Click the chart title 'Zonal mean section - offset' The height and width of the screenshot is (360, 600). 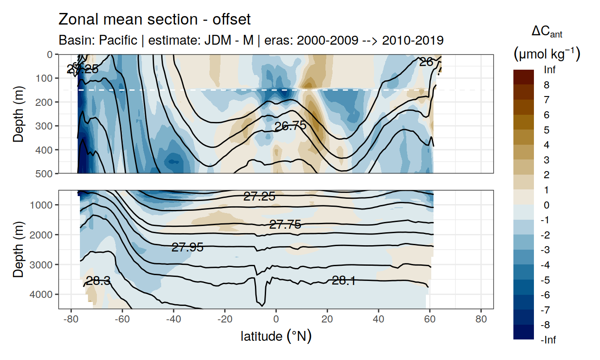[x=154, y=20]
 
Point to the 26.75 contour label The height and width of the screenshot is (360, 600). [x=290, y=126]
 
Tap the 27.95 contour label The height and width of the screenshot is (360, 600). [x=187, y=247]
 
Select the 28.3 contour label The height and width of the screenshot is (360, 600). [x=98, y=281]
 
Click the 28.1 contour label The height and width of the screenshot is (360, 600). [x=344, y=280]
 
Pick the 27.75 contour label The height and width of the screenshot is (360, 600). [x=285, y=225]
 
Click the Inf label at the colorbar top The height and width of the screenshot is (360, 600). [x=550, y=70]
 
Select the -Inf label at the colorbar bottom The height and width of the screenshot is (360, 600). [x=549, y=340]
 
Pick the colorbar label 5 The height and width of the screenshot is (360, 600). [x=547, y=130]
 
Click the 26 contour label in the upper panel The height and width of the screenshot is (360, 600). [x=426, y=62]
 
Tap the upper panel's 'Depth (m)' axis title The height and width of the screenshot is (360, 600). [x=18, y=113]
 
